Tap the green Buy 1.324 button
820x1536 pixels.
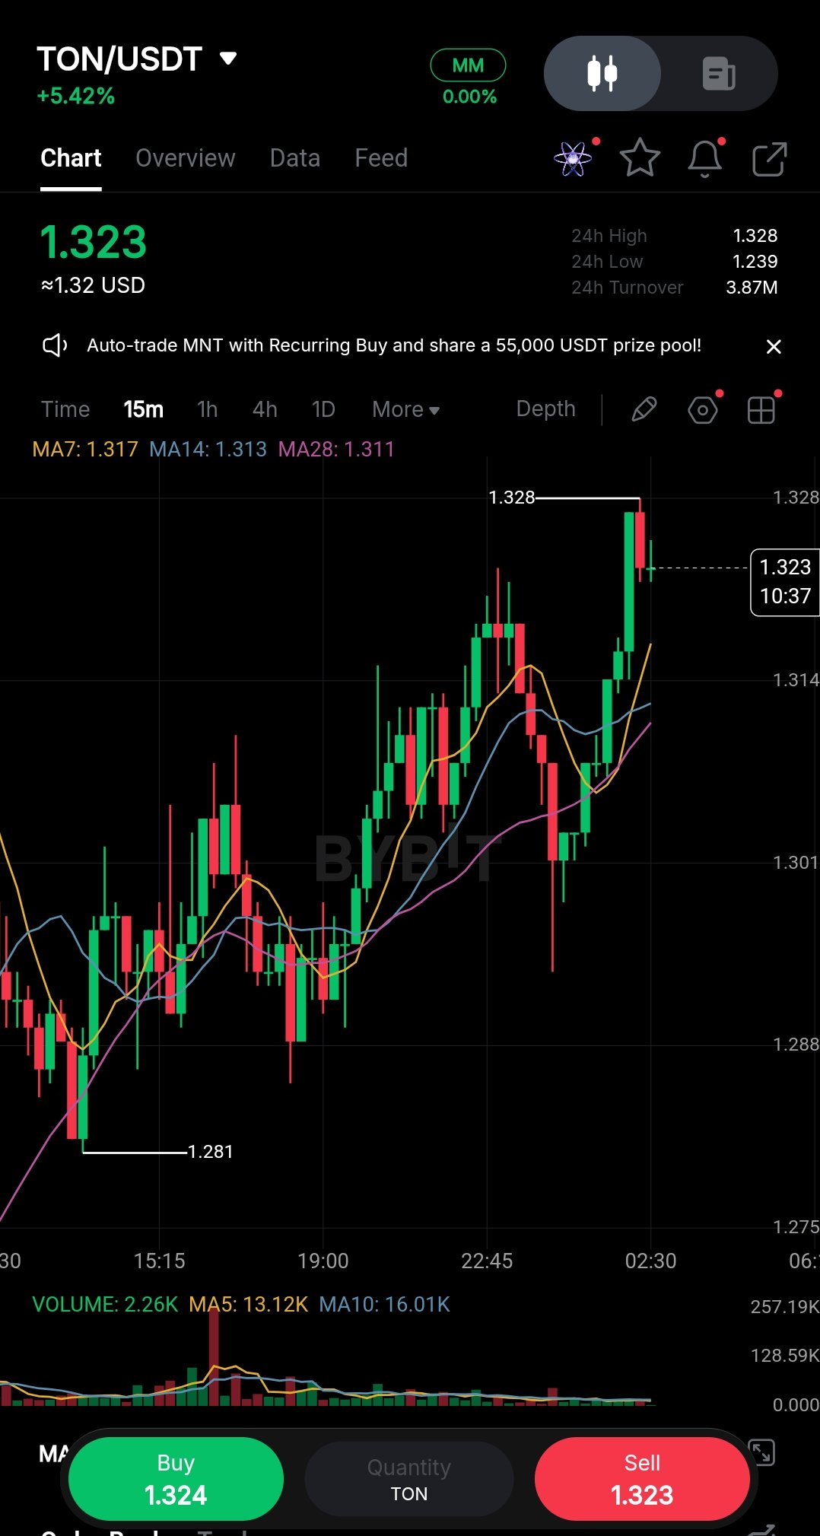[x=176, y=1479]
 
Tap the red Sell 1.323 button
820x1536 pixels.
[x=642, y=1479]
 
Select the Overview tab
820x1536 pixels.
[x=186, y=158]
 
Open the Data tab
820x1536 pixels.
[x=295, y=158]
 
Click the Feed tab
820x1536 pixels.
[x=381, y=158]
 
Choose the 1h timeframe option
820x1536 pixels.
[x=207, y=409]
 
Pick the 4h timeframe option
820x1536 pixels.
[x=265, y=409]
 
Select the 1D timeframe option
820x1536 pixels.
[x=323, y=409]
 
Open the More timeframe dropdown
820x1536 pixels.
[x=405, y=409]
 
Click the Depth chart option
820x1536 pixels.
[x=545, y=409]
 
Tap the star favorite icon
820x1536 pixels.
[x=640, y=158]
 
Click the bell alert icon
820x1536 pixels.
[x=705, y=158]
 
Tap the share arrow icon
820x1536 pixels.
[x=769, y=158]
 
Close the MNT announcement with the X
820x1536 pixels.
[x=774, y=347]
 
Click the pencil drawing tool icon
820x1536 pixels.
[x=644, y=409]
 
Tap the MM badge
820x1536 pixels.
[x=468, y=65]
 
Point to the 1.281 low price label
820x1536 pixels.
[x=210, y=1152]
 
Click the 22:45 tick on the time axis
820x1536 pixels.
[x=487, y=1261]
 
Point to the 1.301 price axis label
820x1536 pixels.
[x=795, y=862]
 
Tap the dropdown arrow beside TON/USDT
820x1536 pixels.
[x=228, y=59]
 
